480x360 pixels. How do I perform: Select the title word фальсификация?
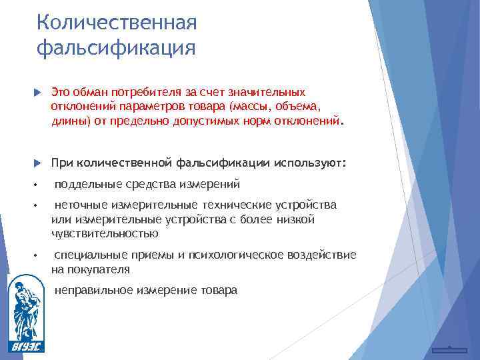117,49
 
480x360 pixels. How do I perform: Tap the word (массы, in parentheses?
248,107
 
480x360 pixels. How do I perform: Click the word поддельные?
85,184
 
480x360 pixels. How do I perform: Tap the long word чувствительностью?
105,234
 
